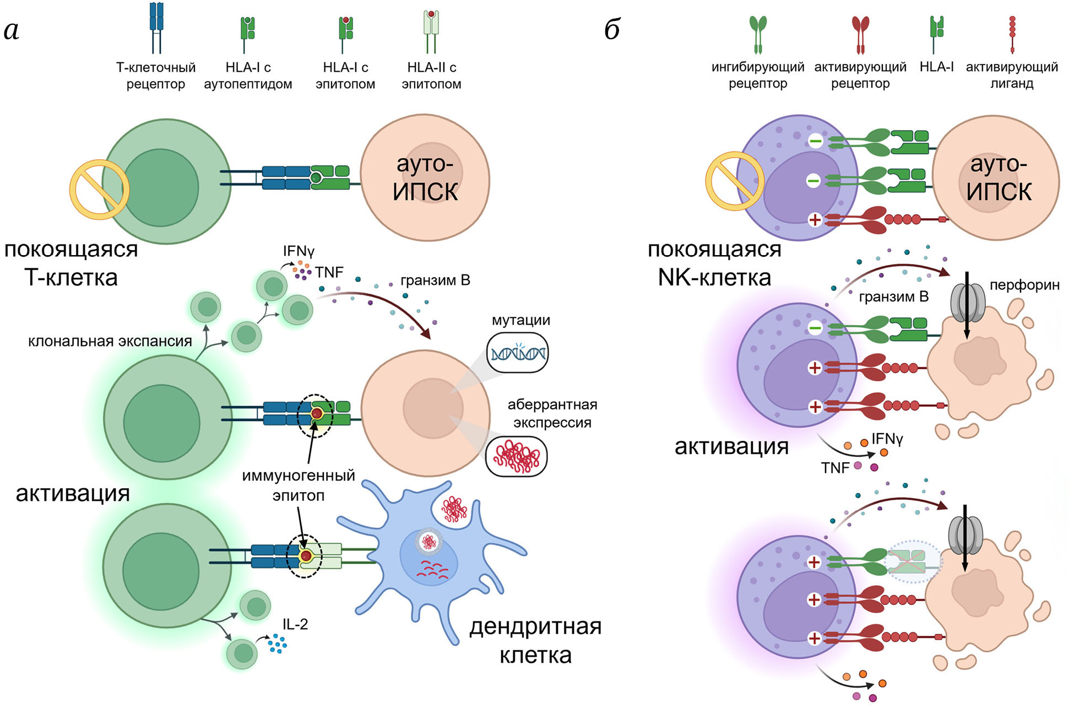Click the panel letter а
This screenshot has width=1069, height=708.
[x=12, y=31]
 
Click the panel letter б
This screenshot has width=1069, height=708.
[x=612, y=29]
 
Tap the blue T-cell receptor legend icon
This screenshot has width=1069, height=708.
[x=156, y=28]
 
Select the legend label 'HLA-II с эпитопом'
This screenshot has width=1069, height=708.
[x=431, y=75]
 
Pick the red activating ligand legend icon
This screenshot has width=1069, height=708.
[x=1012, y=34]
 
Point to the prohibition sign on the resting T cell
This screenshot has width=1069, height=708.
[x=99, y=190]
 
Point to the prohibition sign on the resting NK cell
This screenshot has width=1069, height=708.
[x=735, y=181]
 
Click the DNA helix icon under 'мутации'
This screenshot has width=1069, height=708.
[x=517, y=353]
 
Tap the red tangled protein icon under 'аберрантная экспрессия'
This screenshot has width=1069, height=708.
[x=516, y=456]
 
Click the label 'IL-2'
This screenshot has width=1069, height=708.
[x=295, y=624]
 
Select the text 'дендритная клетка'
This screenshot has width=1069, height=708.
[x=535, y=641]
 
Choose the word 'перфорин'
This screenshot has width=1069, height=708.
[x=1024, y=285]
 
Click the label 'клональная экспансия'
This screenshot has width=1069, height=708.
[x=110, y=342]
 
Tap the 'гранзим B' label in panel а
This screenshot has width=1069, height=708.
[x=435, y=280]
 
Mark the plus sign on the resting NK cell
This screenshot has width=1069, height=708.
[x=815, y=220]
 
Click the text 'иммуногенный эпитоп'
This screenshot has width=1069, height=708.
[x=299, y=485]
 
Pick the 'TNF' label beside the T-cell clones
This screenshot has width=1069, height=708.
[x=329, y=272]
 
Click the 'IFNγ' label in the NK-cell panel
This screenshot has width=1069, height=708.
[x=887, y=439]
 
